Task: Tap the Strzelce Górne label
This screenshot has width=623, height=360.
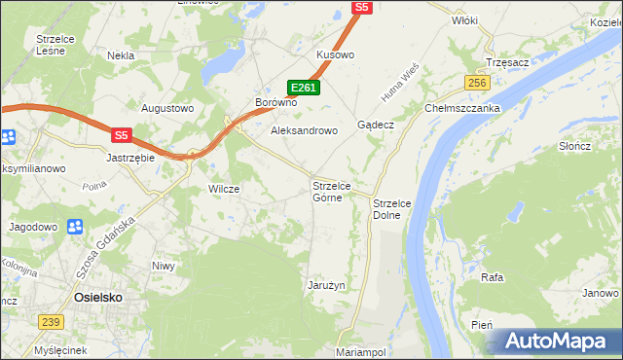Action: pyautogui.click(x=338, y=192)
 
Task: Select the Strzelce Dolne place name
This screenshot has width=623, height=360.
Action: pyautogui.click(x=393, y=208)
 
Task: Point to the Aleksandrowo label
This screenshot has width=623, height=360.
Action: pyautogui.click(x=303, y=129)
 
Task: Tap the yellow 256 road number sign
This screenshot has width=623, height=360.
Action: pyautogui.click(x=476, y=84)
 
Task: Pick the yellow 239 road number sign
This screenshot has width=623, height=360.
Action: pyautogui.click(x=52, y=321)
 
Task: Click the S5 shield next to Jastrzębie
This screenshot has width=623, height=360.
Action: pyautogui.click(x=121, y=135)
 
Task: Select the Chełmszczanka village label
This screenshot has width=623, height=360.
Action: pyautogui.click(x=461, y=108)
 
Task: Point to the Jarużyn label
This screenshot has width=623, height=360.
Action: pyautogui.click(x=326, y=285)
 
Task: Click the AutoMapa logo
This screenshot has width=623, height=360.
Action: pyautogui.click(x=552, y=341)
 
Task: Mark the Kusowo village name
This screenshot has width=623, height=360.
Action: pyautogui.click(x=335, y=55)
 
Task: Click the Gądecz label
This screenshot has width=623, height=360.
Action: pyautogui.click(x=375, y=126)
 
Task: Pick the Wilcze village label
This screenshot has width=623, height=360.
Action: pyautogui.click(x=224, y=189)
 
